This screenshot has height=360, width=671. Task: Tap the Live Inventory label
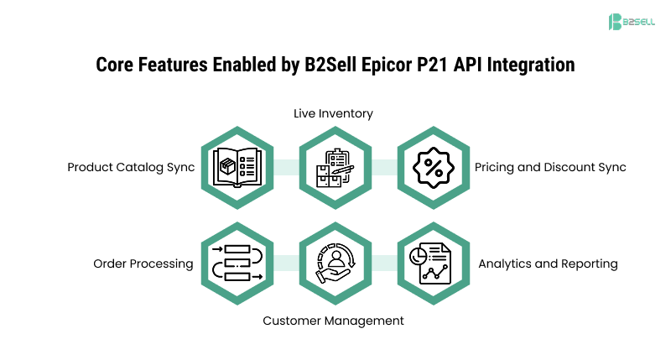pyautogui.click(x=333, y=113)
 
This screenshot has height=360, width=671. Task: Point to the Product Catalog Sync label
pyautogui.click(x=131, y=167)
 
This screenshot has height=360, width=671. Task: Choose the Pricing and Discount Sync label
pyautogui.click(x=550, y=167)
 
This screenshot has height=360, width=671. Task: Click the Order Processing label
pyautogui.click(x=143, y=263)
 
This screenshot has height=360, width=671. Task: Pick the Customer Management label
pyautogui.click(x=333, y=321)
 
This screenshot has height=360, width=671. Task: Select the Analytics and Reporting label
pyautogui.click(x=548, y=263)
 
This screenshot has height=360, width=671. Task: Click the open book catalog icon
pyautogui.click(x=237, y=167)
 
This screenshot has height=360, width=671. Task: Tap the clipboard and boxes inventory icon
pyautogui.click(x=334, y=167)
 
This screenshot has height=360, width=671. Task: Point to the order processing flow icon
pyautogui.click(x=237, y=263)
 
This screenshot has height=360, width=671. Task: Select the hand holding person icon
pyautogui.click(x=334, y=263)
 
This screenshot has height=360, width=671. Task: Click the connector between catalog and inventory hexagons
pyautogui.click(x=285, y=167)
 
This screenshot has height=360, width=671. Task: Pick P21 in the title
pyautogui.click(x=428, y=64)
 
